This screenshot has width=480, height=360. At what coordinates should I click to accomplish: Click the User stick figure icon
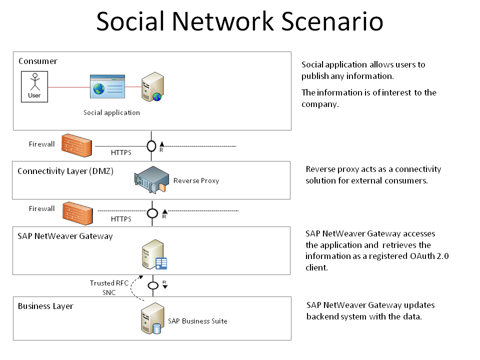[x=34, y=86]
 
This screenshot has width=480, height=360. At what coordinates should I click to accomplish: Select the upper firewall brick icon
[x=75, y=144]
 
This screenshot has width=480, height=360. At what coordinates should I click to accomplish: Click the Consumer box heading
[x=38, y=61]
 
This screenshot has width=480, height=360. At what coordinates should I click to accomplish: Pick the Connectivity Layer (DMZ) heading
[x=65, y=171]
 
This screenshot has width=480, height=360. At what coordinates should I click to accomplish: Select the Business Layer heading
[x=45, y=306]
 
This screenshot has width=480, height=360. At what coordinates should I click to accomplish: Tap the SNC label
[x=109, y=292]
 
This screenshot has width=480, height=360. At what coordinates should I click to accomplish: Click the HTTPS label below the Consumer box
[x=121, y=152]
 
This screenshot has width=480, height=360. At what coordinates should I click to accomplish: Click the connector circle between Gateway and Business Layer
[x=153, y=285]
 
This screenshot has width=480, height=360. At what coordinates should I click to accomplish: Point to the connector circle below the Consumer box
[x=152, y=146]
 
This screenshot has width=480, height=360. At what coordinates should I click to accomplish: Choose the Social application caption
[x=111, y=112]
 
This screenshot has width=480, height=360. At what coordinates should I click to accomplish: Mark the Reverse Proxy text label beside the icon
[x=196, y=180]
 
